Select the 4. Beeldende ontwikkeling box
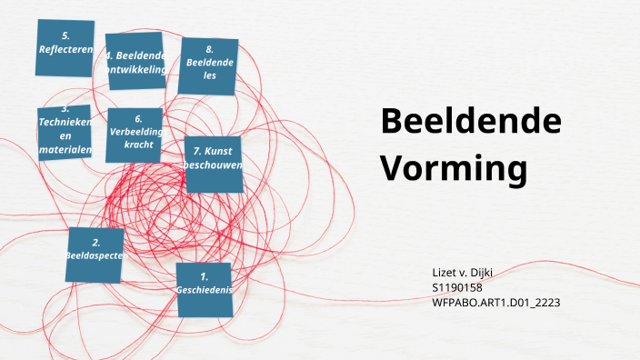click(x=135, y=61)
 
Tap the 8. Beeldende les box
click(x=209, y=66)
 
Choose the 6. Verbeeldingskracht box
click(x=135, y=135)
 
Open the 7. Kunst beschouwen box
click(x=214, y=165)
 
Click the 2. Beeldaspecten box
click(x=95, y=255)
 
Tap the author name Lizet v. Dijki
click(x=464, y=273)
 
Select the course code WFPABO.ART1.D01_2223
click(x=495, y=302)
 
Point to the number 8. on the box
click(x=209, y=50)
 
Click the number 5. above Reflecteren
click(x=65, y=35)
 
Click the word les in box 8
click(x=210, y=78)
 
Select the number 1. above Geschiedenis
click(x=205, y=275)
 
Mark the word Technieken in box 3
click(x=65, y=122)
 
